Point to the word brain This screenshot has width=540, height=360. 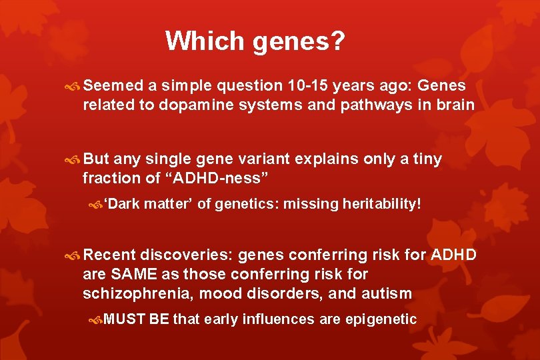tap(457, 105)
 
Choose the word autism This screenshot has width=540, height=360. tap(388, 293)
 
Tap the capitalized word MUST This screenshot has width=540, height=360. tap(125, 319)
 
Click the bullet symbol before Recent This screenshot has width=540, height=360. tap(74, 255)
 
